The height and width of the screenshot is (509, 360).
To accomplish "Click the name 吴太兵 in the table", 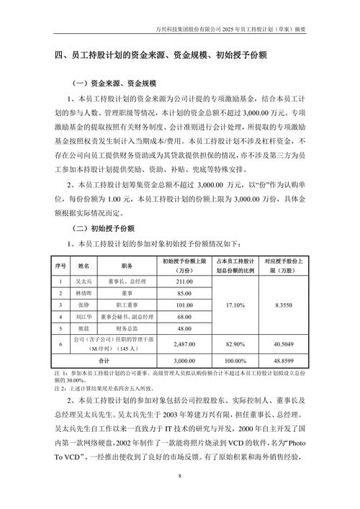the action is (84, 281).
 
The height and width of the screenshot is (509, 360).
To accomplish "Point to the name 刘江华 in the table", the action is (84, 317).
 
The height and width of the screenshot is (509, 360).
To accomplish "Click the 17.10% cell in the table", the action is (238, 305).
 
